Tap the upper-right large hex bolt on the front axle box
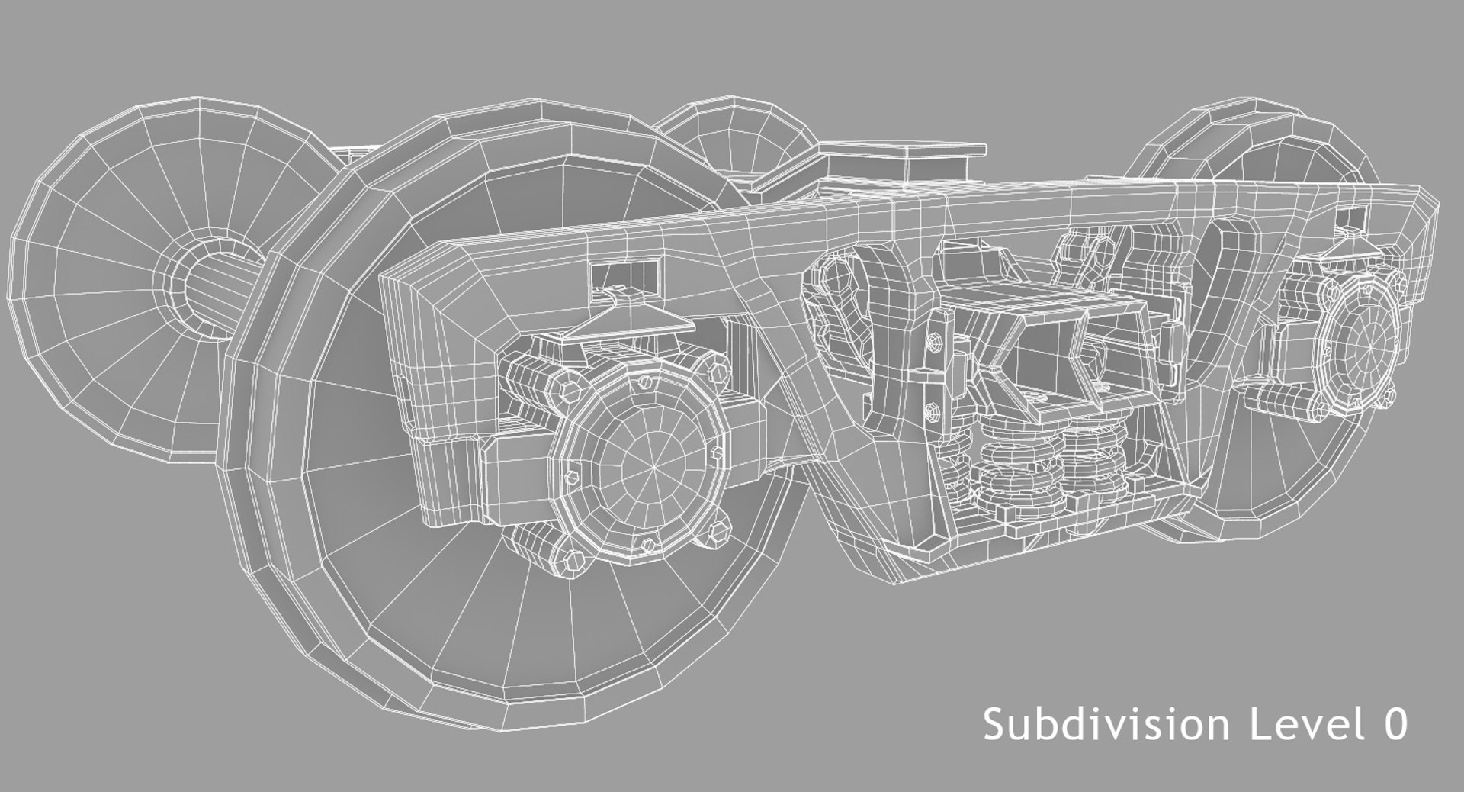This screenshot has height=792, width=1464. (x=715, y=373)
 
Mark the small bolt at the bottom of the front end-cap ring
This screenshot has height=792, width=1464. (x=649, y=545)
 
